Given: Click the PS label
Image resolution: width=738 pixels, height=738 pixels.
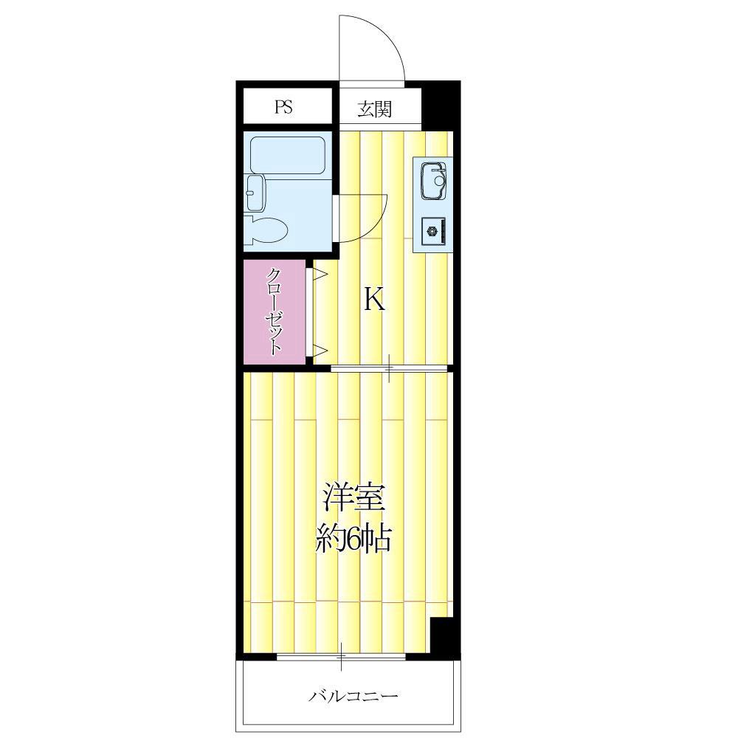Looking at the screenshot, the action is click(x=284, y=107).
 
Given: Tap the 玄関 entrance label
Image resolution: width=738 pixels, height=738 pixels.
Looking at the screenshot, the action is click(x=375, y=109).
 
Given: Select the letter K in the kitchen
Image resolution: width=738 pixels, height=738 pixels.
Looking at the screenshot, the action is click(x=375, y=300).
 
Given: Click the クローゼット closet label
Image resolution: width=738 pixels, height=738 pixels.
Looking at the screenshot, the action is click(x=275, y=311).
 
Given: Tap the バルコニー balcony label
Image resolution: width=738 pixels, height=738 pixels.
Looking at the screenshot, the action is click(x=354, y=695).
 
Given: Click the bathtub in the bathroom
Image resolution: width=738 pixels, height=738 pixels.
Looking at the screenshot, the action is click(x=287, y=156).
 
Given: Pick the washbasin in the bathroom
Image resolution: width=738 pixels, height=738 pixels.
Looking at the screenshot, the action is click(x=255, y=193).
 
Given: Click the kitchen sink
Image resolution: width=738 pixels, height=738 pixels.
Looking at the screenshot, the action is click(x=433, y=181).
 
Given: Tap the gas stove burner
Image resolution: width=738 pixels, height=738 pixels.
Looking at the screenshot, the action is click(x=432, y=231).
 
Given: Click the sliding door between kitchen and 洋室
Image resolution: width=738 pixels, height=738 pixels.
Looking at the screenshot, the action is click(x=389, y=368).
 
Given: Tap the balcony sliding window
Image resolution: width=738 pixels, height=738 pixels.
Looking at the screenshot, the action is click(x=341, y=655).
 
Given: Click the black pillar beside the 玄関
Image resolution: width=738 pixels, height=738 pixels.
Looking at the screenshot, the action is click(x=441, y=106).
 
